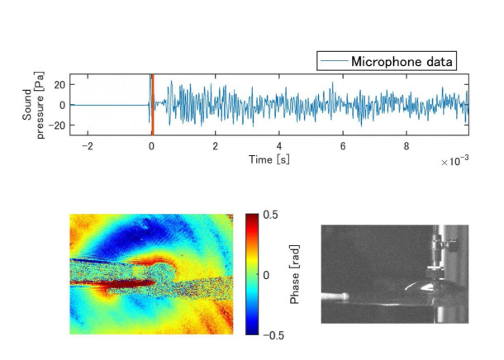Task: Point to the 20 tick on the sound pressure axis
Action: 59,85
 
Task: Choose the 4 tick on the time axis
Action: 279,145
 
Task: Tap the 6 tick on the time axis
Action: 343,145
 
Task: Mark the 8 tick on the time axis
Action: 407,145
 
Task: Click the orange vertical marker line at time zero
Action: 152,105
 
